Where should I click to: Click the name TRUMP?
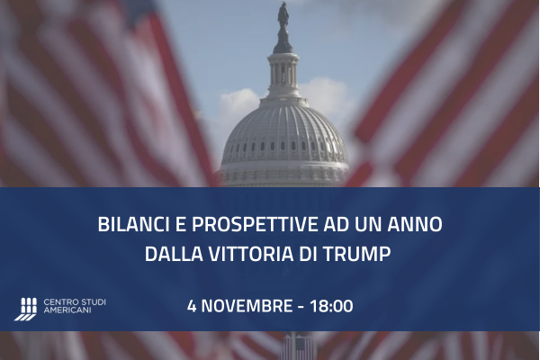pyautogui.click(x=360, y=255)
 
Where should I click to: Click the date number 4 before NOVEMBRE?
pyautogui.click(x=192, y=306)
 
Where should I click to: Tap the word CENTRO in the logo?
pyautogui.click(x=58, y=301)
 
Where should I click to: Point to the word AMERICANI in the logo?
pyautogui.click(x=68, y=311)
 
